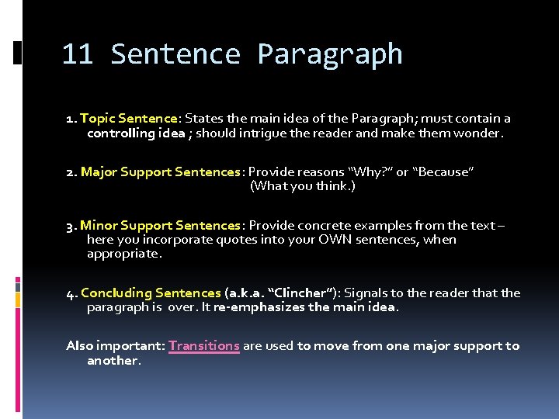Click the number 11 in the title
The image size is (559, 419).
click(x=78, y=54)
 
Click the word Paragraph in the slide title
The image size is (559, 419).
click(x=329, y=54)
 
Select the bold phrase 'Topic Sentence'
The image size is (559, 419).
click(x=128, y=119)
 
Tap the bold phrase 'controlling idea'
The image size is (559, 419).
click(x=136, y=133)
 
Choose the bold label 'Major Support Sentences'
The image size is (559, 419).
click(x=161, y=171)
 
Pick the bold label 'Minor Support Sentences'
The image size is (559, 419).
click(x=160, y=225)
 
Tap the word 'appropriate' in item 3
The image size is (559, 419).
click(x=123, y=254)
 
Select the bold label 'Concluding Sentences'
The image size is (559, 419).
click(x=151, y=293)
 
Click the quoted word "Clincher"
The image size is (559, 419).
click(x=298, y=293)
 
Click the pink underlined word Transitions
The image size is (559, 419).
click(x=203, y=346)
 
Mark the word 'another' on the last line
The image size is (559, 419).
click(x=113, y=361)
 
